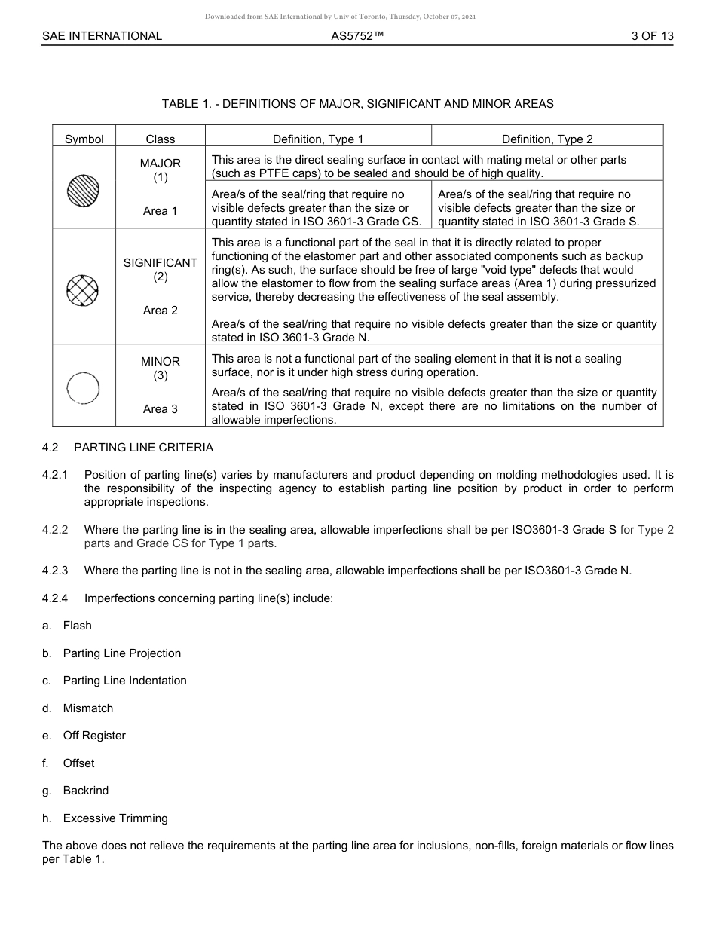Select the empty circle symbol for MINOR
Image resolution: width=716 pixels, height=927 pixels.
[x=83, y=388]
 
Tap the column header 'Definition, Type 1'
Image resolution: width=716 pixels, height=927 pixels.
[x=318, y=139]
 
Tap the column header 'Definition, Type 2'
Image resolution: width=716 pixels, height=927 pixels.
[x=547, y=139]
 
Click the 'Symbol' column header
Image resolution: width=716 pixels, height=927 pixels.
[x=84, y=139]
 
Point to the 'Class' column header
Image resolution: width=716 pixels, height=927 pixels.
[x=161, y=139]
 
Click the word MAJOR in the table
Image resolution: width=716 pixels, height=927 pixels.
[x=161, y=163]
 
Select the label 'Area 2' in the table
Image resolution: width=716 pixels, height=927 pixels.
[x=161, y=310]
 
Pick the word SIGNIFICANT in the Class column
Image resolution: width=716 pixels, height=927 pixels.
[x=161, y=262]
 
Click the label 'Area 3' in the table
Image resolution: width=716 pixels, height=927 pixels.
[x=161, y=408]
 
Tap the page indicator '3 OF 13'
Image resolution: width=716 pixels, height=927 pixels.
[x=652, y=35]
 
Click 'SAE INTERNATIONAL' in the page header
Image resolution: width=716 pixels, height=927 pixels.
[x=102, y=35]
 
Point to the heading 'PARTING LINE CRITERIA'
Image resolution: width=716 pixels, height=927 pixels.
[x=143, y=447]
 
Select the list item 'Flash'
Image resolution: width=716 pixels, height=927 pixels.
[x=77, y=625]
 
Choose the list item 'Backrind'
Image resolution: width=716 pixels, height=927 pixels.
[x=85, y=790]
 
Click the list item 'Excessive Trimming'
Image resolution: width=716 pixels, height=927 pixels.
[x=115, y=818]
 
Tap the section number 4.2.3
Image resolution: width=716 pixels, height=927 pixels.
[x=55, y=570]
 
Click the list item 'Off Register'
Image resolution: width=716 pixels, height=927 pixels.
[x=94, y=735]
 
